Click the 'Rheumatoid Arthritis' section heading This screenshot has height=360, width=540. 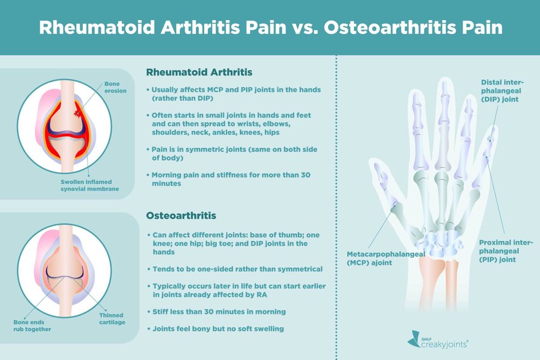[199, 72]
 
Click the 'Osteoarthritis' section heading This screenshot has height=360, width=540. [181, 215]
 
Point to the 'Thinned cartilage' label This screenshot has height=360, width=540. [112, 318]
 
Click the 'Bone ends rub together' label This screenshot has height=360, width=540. [32, 326]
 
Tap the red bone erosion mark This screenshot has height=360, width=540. [77, 112]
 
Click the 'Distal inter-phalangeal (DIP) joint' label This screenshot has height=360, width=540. [503, 92]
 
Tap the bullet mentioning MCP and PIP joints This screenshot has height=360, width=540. [236, 94]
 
